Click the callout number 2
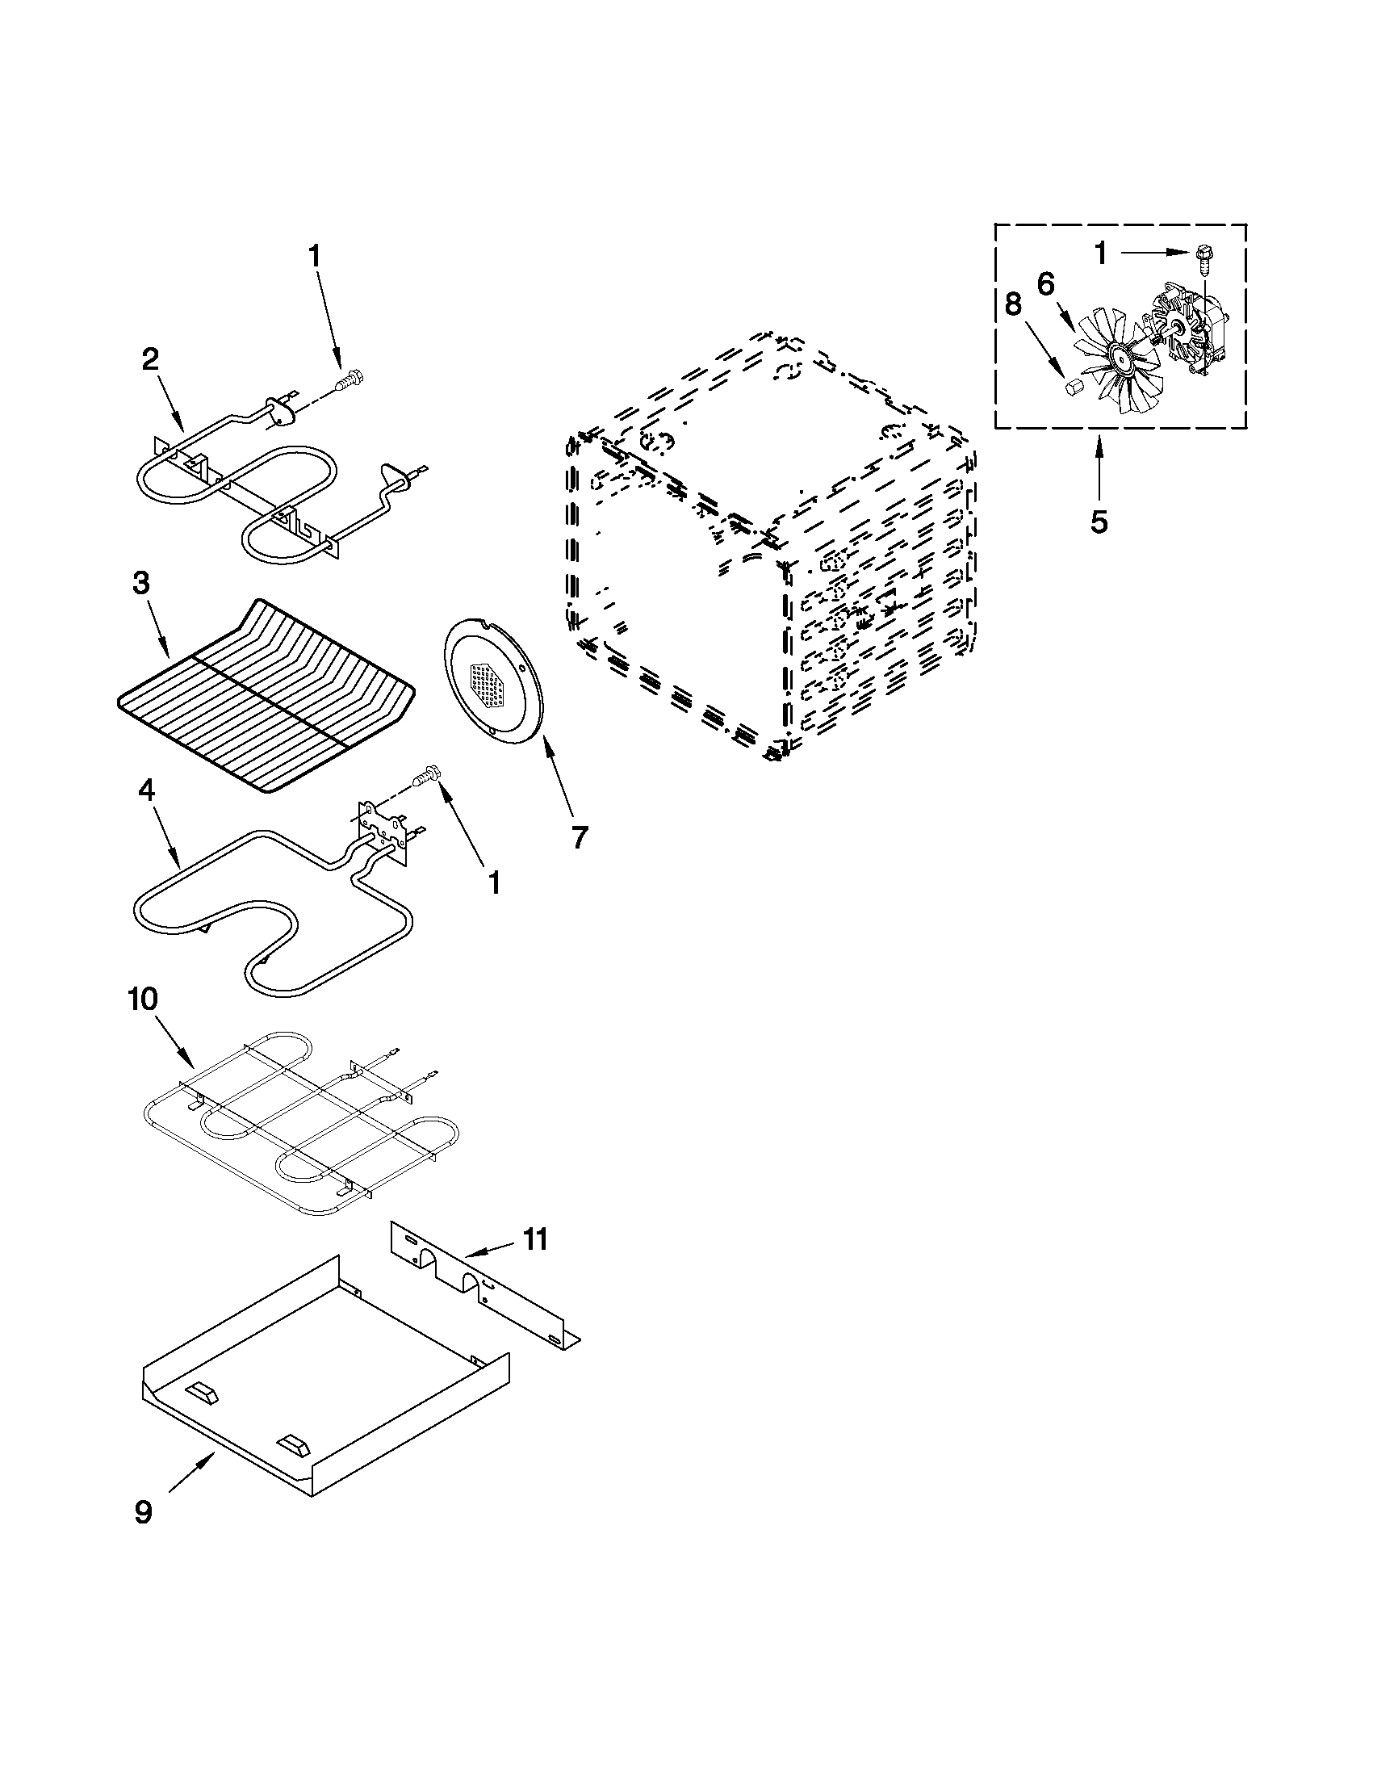(150, 359)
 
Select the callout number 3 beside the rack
(141, 585)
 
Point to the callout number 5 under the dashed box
(1098, 522)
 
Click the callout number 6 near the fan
(1045, 285)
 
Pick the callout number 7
(578, 836)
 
